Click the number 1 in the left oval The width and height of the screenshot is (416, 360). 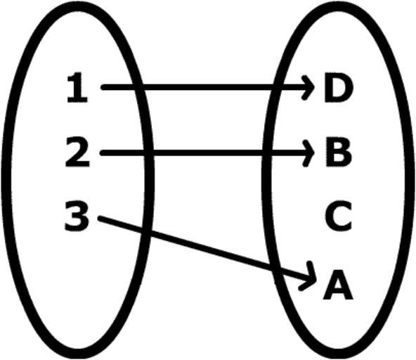click(x=77, y=88)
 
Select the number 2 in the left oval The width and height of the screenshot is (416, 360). click(x=77, y=152)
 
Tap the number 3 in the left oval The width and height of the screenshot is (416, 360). click(x=77, y=216)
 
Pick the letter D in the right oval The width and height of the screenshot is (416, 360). click(x=339, y=87)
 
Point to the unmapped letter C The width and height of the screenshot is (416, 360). click(x=339, y=216)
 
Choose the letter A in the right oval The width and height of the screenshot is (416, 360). click(x=338, y=284)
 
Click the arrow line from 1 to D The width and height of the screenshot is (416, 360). click(x=208, y=87)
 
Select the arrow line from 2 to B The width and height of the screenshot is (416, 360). click(x=207, y=153)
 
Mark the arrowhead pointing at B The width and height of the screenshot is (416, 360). click(x=308, y=153)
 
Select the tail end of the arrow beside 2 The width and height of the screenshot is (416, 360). click(x=103, y=153)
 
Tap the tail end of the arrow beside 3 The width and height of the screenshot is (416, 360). click(x=100, y=219)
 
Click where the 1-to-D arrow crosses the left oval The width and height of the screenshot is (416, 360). click(x=138, y=87)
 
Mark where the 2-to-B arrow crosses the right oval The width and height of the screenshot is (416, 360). click(x=266, y=153)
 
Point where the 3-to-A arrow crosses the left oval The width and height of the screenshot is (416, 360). click(x=146, y=232)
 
